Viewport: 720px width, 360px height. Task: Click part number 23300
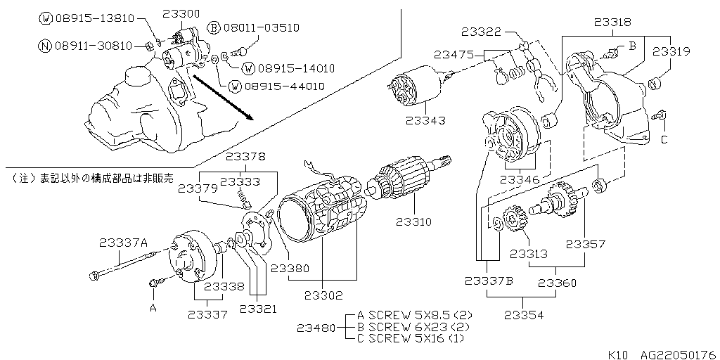point(181,13)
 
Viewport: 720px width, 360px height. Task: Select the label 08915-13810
point(93,18)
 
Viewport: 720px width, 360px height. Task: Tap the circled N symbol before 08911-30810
point(44,46)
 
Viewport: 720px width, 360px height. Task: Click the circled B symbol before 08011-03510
point(214,28)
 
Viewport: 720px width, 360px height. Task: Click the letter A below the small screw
point(153,307)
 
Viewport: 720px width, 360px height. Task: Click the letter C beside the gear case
point(664,140)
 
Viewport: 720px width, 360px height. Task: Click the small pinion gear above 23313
point(515,224)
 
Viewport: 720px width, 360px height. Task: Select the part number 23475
point(454,53)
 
